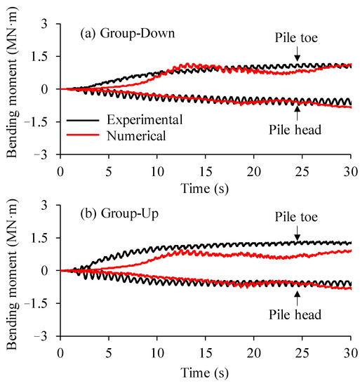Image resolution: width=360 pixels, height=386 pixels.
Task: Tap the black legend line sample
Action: pyautogui.click(x=82, y=121)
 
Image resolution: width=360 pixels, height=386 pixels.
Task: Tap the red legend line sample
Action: pyautogui.click(x=82, y=136)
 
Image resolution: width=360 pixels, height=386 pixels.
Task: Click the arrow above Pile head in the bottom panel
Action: pyautogui.click(x=297, y=294)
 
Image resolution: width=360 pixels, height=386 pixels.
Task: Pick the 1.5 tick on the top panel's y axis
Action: pyautogui.click(x=46, y=56)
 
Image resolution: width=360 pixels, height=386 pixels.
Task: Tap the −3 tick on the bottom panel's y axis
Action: pyautogui.click(x=48, y=336)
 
